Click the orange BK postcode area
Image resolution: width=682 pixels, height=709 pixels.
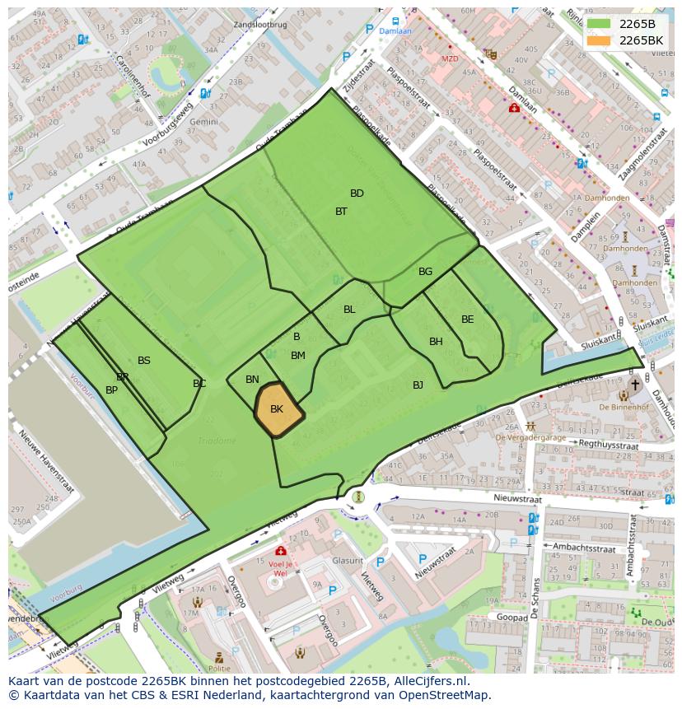tap(278, 409)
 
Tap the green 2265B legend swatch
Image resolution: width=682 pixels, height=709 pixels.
tap(600, 24)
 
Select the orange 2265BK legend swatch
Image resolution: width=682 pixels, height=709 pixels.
tap(600, 40)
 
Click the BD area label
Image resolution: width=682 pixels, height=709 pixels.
tap(357, 194)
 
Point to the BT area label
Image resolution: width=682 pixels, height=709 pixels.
tap(341, 212)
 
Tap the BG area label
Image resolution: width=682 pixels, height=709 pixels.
tap(425, 272)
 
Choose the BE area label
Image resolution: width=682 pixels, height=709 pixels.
tap(467, 320)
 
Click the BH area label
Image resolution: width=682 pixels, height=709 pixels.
tap(436, 342)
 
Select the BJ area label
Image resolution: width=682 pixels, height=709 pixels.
tap(418, 385)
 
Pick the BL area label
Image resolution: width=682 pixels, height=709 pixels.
tap(349, 310)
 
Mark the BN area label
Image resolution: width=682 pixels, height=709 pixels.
tap(252, 380)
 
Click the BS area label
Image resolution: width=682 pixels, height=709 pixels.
tap(144, 361)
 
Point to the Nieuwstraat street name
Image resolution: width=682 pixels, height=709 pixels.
tap(519, 498)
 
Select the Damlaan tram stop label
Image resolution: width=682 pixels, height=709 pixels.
tap(396, 30)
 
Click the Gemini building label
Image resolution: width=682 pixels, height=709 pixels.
tap(203, 121)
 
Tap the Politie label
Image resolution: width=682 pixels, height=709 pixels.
tap(218, 669)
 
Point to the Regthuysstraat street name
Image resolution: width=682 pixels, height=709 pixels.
tap(609, 445)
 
